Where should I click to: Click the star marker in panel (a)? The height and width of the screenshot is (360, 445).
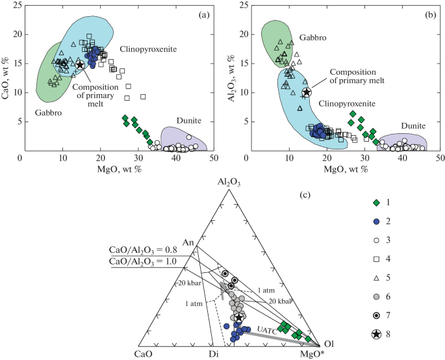[x=79, y=64]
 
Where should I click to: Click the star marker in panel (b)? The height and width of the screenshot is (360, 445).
[x=307, y=92]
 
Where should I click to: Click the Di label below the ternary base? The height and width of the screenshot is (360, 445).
[x=212, y=354]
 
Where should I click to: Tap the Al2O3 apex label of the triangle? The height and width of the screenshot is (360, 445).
[x=229, y=184]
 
